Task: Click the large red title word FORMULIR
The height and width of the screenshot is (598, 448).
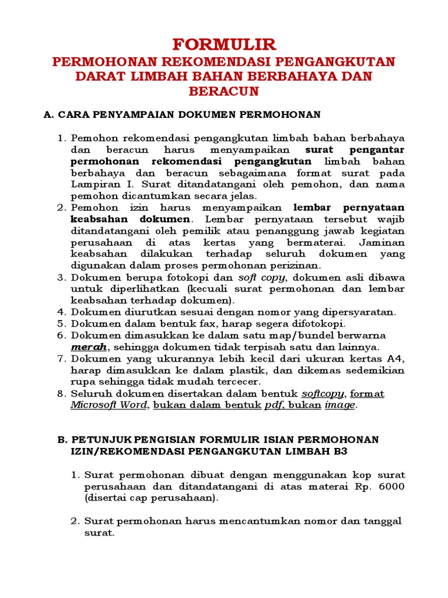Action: pyautogui.click(x=224, y=45)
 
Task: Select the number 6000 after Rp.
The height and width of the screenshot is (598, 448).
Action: pyautogui.click(x=391, y=487)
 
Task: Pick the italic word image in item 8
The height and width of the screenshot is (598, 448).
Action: pyautogui.click(x=339, y=405)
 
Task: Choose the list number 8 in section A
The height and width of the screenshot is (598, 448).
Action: pyautogui.click(x=61, y=394)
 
